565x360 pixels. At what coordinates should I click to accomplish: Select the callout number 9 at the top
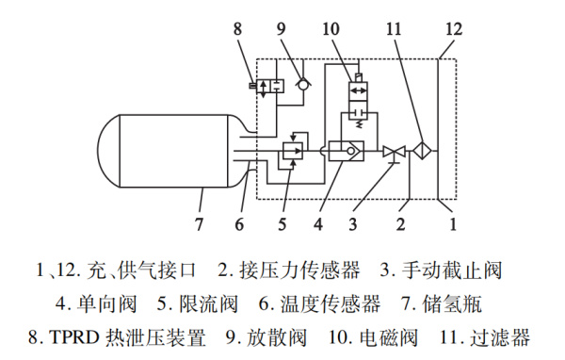coord(283,27)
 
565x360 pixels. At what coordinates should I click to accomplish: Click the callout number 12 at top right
coord(453,27)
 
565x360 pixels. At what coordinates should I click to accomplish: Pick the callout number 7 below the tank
coord(199,224)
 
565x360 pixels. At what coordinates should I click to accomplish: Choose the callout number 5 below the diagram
coord(282,224)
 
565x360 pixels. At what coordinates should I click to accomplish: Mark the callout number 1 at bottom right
coord(452,224)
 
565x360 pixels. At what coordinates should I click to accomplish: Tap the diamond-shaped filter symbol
coord(422,150)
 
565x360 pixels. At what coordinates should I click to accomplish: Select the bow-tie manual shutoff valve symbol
coord(394,150)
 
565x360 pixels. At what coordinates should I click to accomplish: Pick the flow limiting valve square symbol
coord(293,149)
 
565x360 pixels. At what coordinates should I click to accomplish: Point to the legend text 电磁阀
coord(388,336)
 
